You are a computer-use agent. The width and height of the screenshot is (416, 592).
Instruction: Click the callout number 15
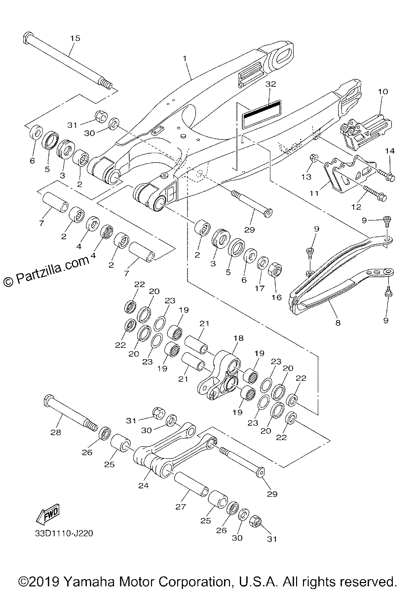tap(75, 38)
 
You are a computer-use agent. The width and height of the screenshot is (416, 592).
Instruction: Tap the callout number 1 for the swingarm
tap(185, 58)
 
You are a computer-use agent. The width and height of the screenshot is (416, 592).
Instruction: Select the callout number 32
tap(270, 84)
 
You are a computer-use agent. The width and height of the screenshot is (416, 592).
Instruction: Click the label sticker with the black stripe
tap(262, 114)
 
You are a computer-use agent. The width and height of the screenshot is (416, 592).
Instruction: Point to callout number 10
tap(383, 92)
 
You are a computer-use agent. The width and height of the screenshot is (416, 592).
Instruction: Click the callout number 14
tap(390, 151)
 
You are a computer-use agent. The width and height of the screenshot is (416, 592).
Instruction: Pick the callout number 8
tap(338, 323)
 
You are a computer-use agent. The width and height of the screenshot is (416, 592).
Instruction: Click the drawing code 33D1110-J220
tap(64, 533)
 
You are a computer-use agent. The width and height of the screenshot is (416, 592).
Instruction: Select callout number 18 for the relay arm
tap(238, 338)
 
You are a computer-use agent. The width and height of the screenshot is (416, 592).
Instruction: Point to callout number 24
tap(144, 485)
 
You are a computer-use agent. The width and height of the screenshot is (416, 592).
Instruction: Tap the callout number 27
tap(181, 507)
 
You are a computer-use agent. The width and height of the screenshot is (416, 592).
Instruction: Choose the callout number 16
tap(277, 297)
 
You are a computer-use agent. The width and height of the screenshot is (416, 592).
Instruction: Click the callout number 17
tap(260, 288)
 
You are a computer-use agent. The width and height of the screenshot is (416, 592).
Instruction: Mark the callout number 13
tap(306, 177)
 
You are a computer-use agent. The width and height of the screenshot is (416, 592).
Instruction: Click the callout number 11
tap(314, 193)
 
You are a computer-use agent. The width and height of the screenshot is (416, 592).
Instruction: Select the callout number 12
tap(356, 206)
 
